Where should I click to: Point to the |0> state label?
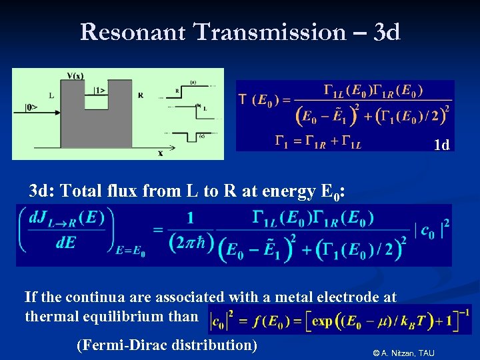pos(32,107)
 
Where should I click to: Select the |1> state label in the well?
pos(99,89)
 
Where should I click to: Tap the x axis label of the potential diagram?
pos(161,153)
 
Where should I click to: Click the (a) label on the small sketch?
pos(193,82)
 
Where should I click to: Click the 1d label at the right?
pos(441,145)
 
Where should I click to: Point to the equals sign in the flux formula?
pos(158,230)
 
